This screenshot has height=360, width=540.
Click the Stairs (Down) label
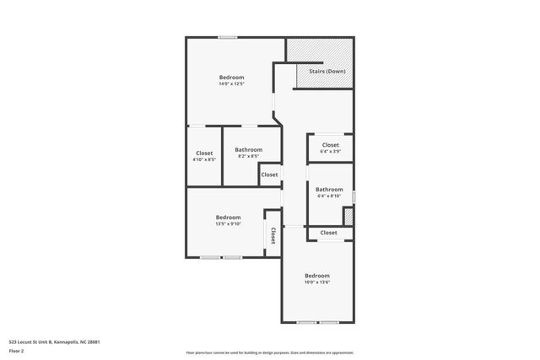(x=327, y=72)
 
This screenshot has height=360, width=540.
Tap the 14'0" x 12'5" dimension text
(x=231, y=83)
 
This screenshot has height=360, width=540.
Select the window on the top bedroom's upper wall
(x=227, y=37)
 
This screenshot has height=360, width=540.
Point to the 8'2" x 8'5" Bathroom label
(x=248, y=150)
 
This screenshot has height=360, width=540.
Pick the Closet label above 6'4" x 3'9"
(x=330, y=145)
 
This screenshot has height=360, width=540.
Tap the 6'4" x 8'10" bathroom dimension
(x=329, y=196)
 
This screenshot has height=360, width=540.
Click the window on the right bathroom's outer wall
(x=354, y=197)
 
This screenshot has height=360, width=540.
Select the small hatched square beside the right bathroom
(x=348, y=216)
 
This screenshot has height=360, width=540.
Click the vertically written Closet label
(x=273, y=236)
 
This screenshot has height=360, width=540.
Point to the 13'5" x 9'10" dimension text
(x=228, y=223)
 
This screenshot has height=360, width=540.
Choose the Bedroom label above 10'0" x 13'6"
(x=317, y=276)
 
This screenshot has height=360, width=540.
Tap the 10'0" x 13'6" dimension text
(x=317, y=282)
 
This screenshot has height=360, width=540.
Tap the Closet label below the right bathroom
(x=328, y=233)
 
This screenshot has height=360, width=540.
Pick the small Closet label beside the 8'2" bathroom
(x=269, y=175)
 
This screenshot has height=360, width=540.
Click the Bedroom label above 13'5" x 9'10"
(x=228, y=217)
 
